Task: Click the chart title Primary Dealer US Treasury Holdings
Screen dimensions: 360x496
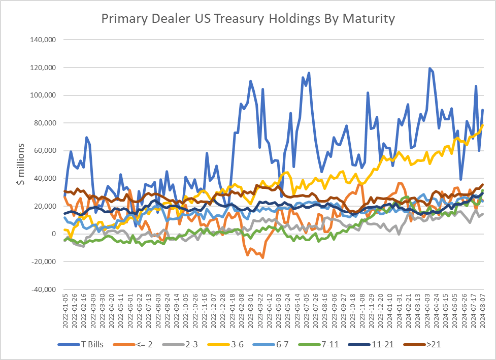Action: coord(248,19)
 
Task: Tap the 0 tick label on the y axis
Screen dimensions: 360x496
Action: coord(53,234)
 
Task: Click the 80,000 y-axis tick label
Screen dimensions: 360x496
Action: coord(46,123)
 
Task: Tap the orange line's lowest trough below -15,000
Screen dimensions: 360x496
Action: coord(262,257)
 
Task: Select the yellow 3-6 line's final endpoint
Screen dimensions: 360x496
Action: coord(482,125)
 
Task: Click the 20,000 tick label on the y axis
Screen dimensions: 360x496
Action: coord(46,206)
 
